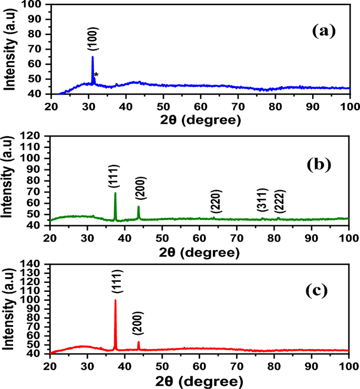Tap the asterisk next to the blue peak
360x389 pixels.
coord(96,76)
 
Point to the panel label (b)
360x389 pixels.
coord(320,164)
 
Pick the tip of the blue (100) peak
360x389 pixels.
coord(92,57)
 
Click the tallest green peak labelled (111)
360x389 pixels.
coord(115,194)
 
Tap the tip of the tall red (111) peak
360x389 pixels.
coord(115,300)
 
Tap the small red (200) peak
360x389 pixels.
coord(138,342)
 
